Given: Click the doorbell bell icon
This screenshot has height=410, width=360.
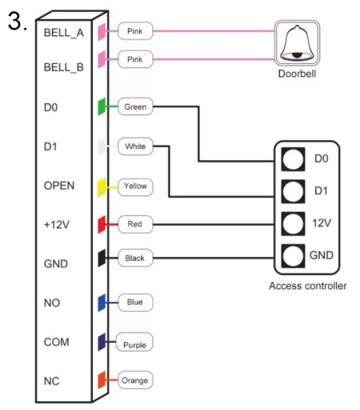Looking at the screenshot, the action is [297, 42].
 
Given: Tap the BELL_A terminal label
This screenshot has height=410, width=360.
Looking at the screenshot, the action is [64, 33].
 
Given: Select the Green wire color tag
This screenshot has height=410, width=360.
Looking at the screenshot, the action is [135, 107].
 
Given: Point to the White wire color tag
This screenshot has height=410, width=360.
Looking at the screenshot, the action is [135, 147].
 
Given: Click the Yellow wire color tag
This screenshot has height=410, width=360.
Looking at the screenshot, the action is [135, 186].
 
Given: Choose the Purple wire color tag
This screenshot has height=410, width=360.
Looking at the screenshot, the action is [134, 342].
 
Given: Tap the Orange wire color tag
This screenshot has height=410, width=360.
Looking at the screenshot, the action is [135, 380].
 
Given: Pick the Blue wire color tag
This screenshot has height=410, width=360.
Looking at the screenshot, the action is [135, 303].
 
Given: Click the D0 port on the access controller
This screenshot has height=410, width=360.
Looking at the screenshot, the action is [293, 159].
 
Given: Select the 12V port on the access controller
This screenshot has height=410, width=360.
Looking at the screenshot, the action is [293, 223].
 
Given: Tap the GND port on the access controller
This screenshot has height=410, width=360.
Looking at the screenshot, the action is [293, 255].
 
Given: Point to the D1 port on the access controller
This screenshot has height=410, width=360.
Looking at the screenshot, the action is [293, 191].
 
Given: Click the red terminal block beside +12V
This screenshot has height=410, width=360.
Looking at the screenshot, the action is [102, 225].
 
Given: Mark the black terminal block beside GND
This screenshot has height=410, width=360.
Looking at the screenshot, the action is [102, 258].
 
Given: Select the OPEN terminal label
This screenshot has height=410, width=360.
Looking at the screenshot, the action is [59, 186].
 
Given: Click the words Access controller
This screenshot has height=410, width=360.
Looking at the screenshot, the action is [308, 286].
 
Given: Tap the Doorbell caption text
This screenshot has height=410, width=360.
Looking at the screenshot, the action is [297, 74].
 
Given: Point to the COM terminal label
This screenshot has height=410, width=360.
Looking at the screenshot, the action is [56, 342].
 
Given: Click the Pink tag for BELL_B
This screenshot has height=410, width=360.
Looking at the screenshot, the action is [135, 59].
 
